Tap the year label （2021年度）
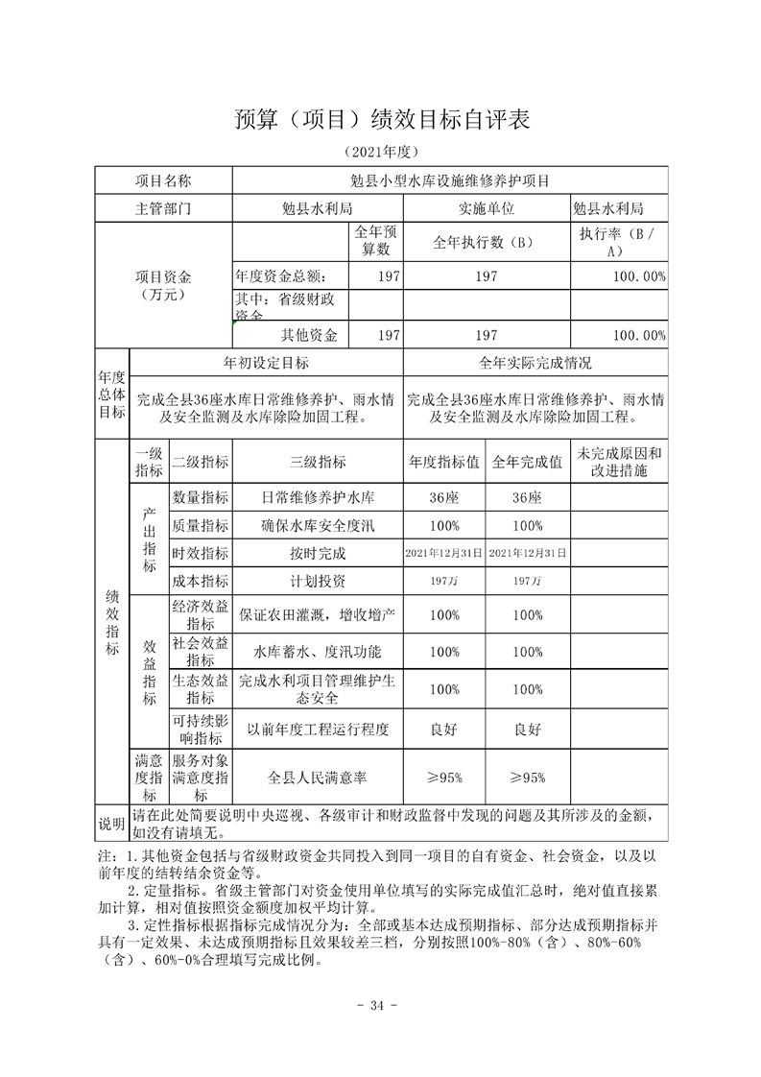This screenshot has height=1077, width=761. click(381, 153)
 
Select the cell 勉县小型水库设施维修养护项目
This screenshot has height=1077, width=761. click(450, 180)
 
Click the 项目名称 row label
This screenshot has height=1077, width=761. click(163, 180)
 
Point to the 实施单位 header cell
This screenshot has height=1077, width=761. click(487, 207)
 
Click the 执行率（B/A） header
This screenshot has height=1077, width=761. click(618, 241)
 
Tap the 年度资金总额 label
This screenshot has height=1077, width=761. click(286, 276)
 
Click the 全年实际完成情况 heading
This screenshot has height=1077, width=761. click(535, 363)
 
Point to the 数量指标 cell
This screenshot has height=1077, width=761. click(200, 497)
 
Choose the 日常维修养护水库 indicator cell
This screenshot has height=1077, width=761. click(318, 497)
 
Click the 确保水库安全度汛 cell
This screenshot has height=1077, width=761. click(318, 525)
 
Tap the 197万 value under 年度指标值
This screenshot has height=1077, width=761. click(444, 581)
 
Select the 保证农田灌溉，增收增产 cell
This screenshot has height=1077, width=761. click(318, 613)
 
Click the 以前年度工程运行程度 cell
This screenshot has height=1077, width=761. click(318, 730)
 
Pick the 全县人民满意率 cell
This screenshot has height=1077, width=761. click(318, 778)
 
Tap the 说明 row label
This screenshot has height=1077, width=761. click(111, 824)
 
